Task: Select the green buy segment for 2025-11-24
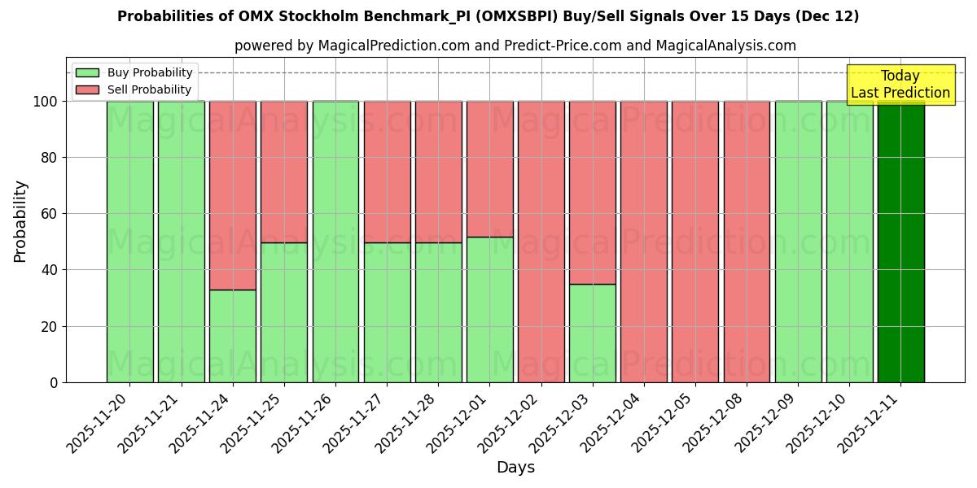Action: tap(233, 336)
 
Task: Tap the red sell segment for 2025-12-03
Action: tap(593, 192)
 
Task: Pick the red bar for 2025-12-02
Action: tap(541, 242)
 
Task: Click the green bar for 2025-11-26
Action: tap(335, 242)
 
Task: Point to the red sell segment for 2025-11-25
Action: tap(284, 172)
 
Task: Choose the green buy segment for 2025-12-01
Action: tap(489, 309)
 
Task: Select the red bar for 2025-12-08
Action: tap(747, 242)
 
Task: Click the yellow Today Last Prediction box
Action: tap(900, 85)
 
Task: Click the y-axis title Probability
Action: tap(20, 221)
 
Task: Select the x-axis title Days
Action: tap(515, 468)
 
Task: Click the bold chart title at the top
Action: tap(488, 16)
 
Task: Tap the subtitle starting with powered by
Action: tap(515, 46)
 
